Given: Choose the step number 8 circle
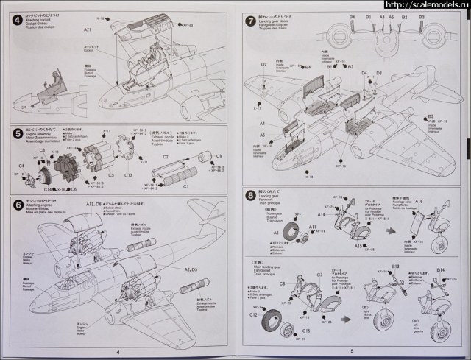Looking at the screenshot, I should click(249, 194).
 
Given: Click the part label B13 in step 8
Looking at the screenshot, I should click(395, 266).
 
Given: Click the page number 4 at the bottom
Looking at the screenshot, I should click(117, 351).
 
